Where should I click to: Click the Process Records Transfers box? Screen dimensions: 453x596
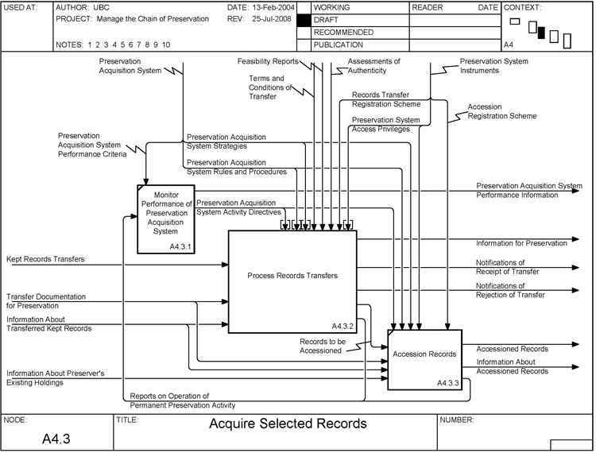292,276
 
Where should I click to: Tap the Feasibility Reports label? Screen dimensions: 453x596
268,61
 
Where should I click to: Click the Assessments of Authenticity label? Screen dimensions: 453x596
374,65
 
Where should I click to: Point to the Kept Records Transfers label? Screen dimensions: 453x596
45,259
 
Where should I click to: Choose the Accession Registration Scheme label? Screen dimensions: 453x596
501,110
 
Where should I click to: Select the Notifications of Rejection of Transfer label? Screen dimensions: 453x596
510,290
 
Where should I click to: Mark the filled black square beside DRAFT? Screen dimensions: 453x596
303,19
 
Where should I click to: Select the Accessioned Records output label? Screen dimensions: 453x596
512,349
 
